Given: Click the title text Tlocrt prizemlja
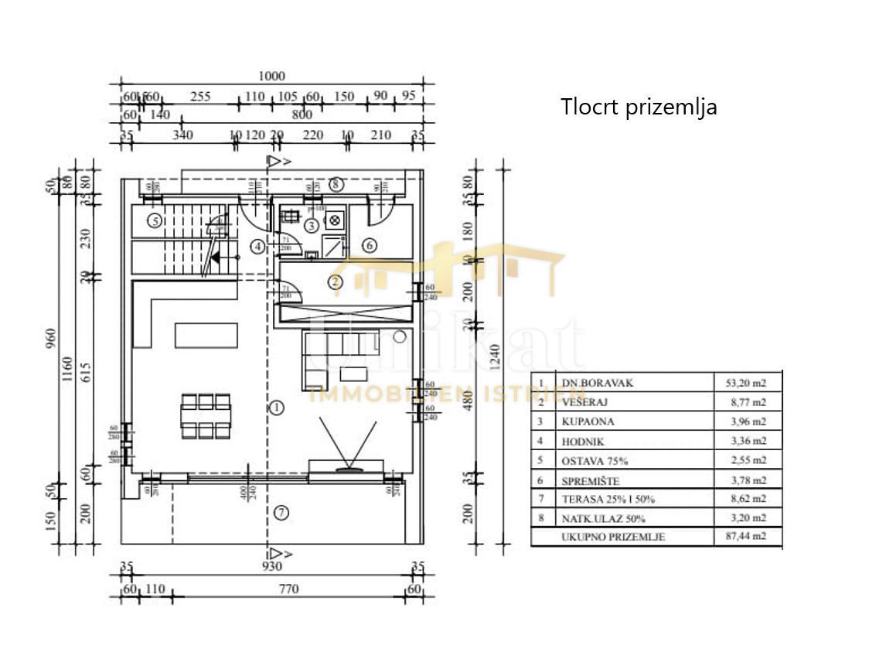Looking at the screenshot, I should point(639,107).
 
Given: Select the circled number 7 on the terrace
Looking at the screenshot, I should point(281,512).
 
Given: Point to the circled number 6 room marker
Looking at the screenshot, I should point(370,245).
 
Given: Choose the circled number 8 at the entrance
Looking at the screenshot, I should point(335,184).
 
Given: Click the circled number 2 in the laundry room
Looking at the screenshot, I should point(335,282).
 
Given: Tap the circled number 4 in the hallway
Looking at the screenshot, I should point(258,246).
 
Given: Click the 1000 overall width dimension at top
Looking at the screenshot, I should point(271,76).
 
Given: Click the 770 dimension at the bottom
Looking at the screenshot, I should point(288,589).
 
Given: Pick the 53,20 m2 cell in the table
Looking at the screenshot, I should point(748,382).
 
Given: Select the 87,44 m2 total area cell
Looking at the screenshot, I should point(748,537).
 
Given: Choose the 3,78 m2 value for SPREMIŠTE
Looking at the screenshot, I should point(748,479).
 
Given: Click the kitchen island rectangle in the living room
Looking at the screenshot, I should point(203,335).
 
